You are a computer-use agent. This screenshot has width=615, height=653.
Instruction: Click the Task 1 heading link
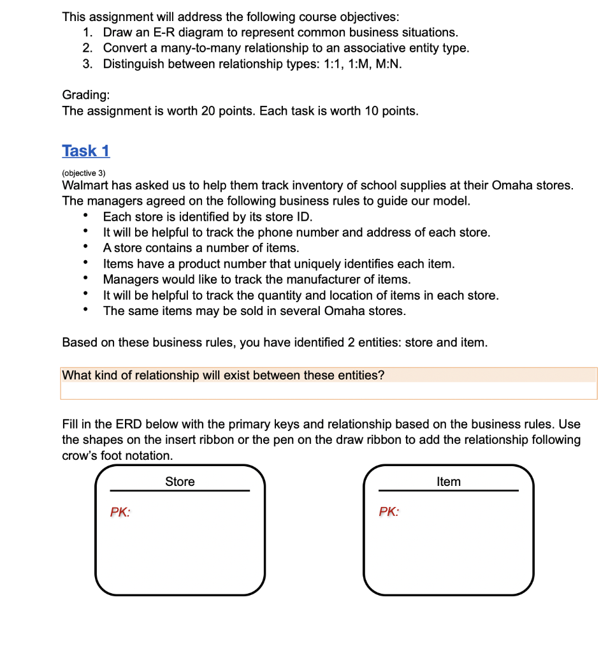86,151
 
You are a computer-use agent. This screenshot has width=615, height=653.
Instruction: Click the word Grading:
86,95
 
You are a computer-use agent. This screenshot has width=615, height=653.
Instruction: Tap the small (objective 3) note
83,173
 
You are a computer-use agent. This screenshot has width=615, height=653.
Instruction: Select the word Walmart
85,186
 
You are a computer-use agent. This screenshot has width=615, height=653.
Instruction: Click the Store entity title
180,482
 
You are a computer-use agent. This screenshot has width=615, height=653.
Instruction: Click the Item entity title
448,482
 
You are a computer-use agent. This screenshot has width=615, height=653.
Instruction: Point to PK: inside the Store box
120,511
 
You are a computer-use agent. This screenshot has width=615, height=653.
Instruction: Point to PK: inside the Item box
389,511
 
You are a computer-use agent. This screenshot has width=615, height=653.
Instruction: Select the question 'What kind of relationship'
223,376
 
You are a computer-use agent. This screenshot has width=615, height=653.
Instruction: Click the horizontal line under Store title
180,491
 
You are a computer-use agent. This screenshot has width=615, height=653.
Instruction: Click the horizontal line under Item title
448,491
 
